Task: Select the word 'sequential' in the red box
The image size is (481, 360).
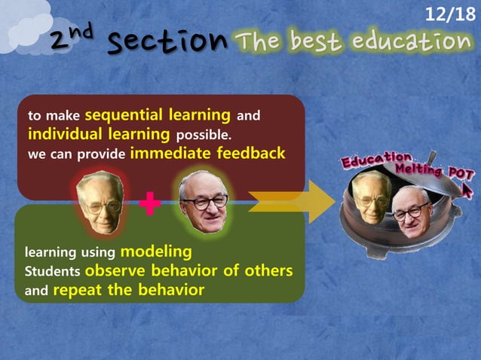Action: pos(120,115)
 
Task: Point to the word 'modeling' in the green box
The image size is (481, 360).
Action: pos(156,251)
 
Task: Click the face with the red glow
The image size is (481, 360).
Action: pos(100,201)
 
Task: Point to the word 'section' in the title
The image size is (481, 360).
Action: pos(167,41)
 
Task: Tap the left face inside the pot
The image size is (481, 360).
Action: pos(372,197)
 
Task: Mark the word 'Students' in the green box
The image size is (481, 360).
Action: pos(53,271)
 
